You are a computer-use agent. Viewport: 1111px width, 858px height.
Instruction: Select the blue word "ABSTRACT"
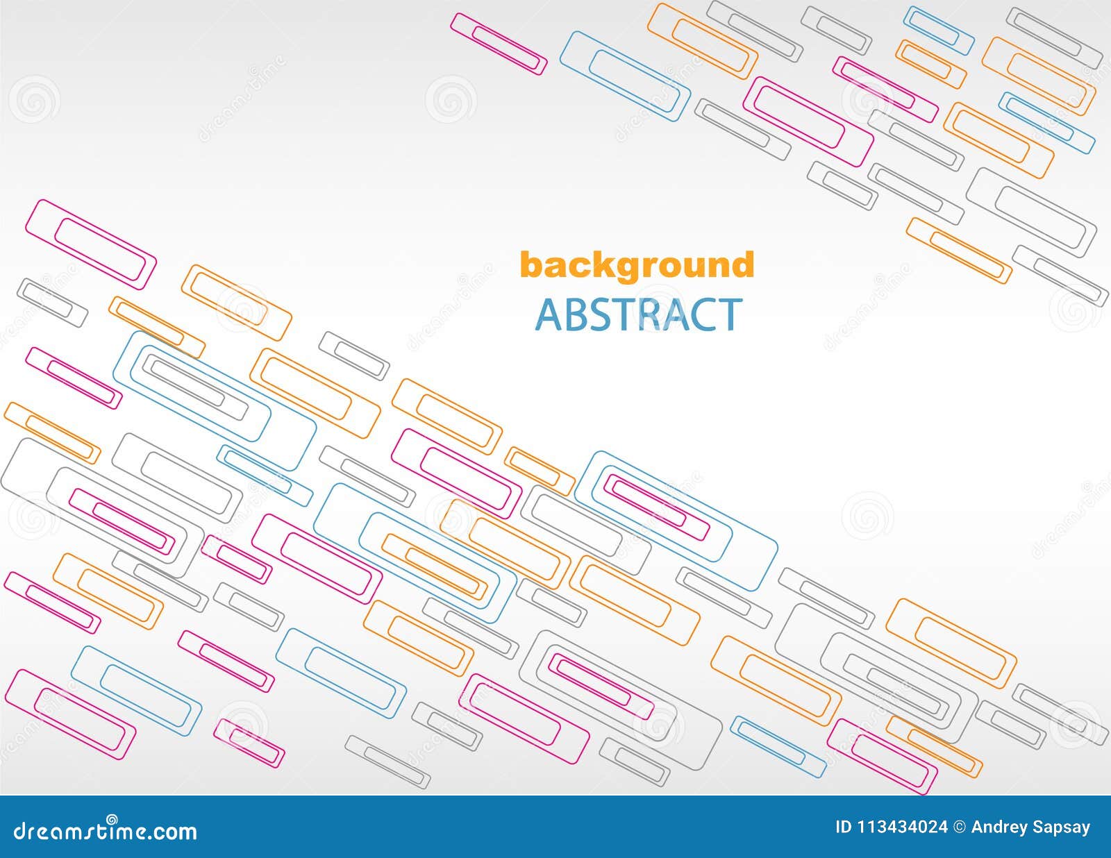pyautogui.click(x=638, y=314)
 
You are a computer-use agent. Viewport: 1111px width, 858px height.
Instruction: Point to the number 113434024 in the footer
pyautogui.click(x=902, y=827)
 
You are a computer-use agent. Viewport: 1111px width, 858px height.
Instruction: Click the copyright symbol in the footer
pyautogui.click(x=959, y=827)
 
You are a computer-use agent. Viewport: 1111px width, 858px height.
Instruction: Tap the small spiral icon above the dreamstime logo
pyautogui.click(x=112, y=818)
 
